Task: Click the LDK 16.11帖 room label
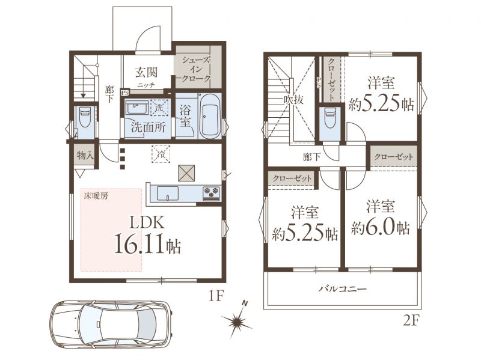pyautogui.click(x=147, y=234)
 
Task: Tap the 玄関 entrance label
pyautogui.click(x=146, y=72)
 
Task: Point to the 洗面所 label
pyautogui.click(x=149, y=127)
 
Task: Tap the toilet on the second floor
pyautogui.click(x=330, y=118)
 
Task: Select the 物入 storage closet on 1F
pyautogui.click(x=85, y=156)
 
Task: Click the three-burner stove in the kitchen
pyautogui.click(x=212, y=193)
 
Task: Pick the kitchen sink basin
pyautogui.click(x=168, y=194)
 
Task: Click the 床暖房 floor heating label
pyautogui.click(x=96, y=197)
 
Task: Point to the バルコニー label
pyautogui.click(x=342, y=289)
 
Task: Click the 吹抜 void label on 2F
pyautogui.click(x=293, y=100)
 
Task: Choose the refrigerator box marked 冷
pyautogui.click(x=161, y=154)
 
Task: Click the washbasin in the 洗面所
pyautogui.click(x=137, y=108)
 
